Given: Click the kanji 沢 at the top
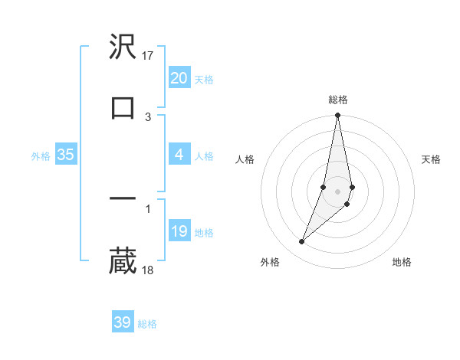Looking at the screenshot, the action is pos(123,47).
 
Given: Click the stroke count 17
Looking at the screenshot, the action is pos(149,56).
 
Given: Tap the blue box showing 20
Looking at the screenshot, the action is pos(179,78).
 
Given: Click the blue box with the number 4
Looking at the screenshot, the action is pos(179,155).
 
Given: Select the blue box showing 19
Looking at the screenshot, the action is pos(179,231).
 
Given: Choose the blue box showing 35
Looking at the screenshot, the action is pos(66,155).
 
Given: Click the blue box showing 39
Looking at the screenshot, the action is pos(123,322).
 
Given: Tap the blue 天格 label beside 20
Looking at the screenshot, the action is pos(204,80).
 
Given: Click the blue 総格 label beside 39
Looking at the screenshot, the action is pos(147,324).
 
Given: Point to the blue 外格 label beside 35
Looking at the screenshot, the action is pos(41,156).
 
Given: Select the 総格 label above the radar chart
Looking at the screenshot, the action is pos(338,100).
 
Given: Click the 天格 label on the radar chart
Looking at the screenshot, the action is pos(432,159).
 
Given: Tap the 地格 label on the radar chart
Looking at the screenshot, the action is pos(402,263).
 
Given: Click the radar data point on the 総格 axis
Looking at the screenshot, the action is pos(337,116).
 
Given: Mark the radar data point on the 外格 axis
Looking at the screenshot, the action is pos(301,242).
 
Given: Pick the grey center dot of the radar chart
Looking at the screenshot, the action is pos(337,191).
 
